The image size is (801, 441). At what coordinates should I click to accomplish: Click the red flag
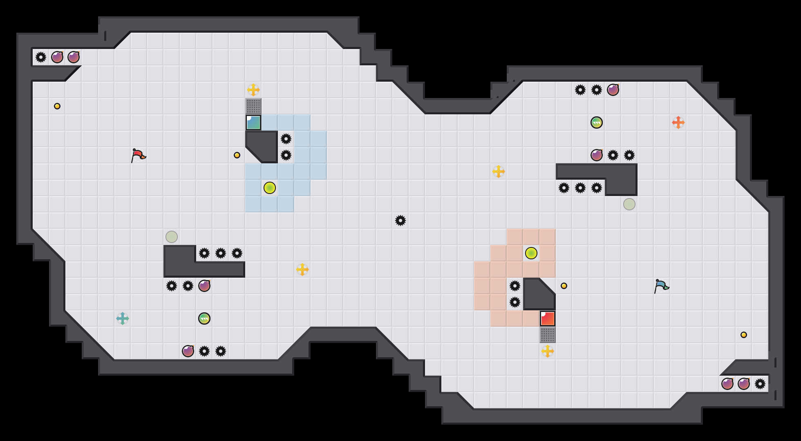click(x=138, y=155)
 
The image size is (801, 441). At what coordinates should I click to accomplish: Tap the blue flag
click(x=661, y=286)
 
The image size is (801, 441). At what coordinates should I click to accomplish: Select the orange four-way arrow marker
click(x=678, y=122)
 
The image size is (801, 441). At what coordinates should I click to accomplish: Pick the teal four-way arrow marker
click(x=123, y=318)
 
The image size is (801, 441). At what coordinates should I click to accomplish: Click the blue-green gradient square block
click(x=253, y=122)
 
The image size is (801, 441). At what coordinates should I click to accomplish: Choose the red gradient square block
click(x=548, y=318)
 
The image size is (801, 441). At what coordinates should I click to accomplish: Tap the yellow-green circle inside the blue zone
click(x=270, y=188)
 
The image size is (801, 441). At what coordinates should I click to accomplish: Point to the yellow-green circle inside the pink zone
click(x=531, y=253)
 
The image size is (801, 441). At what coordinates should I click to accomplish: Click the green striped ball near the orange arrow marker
click(x=597, y=122)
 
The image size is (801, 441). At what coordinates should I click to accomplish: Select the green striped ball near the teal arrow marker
click(x=204, y=318)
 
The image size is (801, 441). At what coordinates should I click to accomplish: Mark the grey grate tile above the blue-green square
click(x=253, y=106)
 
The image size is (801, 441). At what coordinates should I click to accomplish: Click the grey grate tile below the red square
click(x=548, y=335)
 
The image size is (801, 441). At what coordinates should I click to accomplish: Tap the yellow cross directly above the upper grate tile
click(x=253, y=90)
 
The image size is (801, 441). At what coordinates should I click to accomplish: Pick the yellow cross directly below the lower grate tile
click(x=548, y=351)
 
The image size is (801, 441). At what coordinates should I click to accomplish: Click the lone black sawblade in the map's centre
click(x=400, y=220)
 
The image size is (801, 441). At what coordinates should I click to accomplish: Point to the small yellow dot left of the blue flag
click(x=564, y=286)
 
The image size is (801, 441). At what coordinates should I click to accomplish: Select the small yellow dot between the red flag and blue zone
click(x=237, y=155)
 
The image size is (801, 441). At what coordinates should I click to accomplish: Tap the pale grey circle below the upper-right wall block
click(x=629, y=204)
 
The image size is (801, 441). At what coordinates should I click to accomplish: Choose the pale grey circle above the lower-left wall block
click(x=172, y=237)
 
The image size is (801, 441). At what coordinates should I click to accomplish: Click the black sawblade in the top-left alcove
click(x=41, y=57)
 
